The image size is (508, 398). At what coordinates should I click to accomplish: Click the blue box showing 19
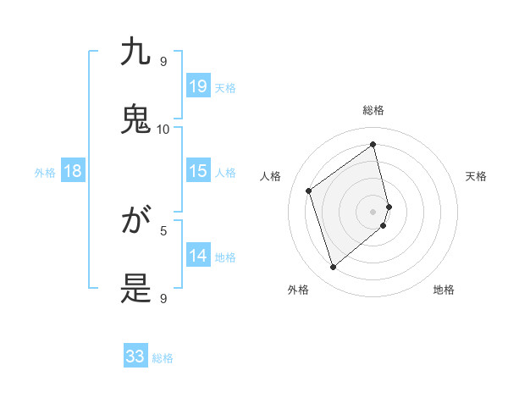click(198, 86)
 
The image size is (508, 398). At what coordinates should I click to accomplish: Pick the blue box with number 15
click(198, 171)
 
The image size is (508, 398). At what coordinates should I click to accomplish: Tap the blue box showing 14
click(198, 256)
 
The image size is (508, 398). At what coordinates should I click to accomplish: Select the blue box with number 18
click(73, 171)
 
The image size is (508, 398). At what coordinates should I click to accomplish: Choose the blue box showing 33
click(135, 357)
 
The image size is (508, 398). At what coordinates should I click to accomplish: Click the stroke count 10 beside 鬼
click(163, 129)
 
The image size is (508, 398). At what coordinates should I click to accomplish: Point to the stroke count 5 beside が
click(163, 229)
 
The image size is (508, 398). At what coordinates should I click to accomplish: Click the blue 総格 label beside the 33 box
click(163, 358)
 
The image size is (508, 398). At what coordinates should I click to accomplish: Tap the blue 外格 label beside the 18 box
click(45, 173)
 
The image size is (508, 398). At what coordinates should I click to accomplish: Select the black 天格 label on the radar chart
click(477, 176)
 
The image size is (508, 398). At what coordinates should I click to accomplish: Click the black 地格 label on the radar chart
click(444, 290)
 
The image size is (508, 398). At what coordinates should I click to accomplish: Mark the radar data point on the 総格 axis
click(373, 144)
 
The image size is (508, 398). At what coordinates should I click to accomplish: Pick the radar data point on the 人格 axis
click(309, 191)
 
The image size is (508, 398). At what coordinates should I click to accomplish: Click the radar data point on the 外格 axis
click(333, 268)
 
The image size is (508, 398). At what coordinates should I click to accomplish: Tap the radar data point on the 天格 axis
click(389, 206)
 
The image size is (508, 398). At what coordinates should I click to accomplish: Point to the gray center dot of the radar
click(373, 211)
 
